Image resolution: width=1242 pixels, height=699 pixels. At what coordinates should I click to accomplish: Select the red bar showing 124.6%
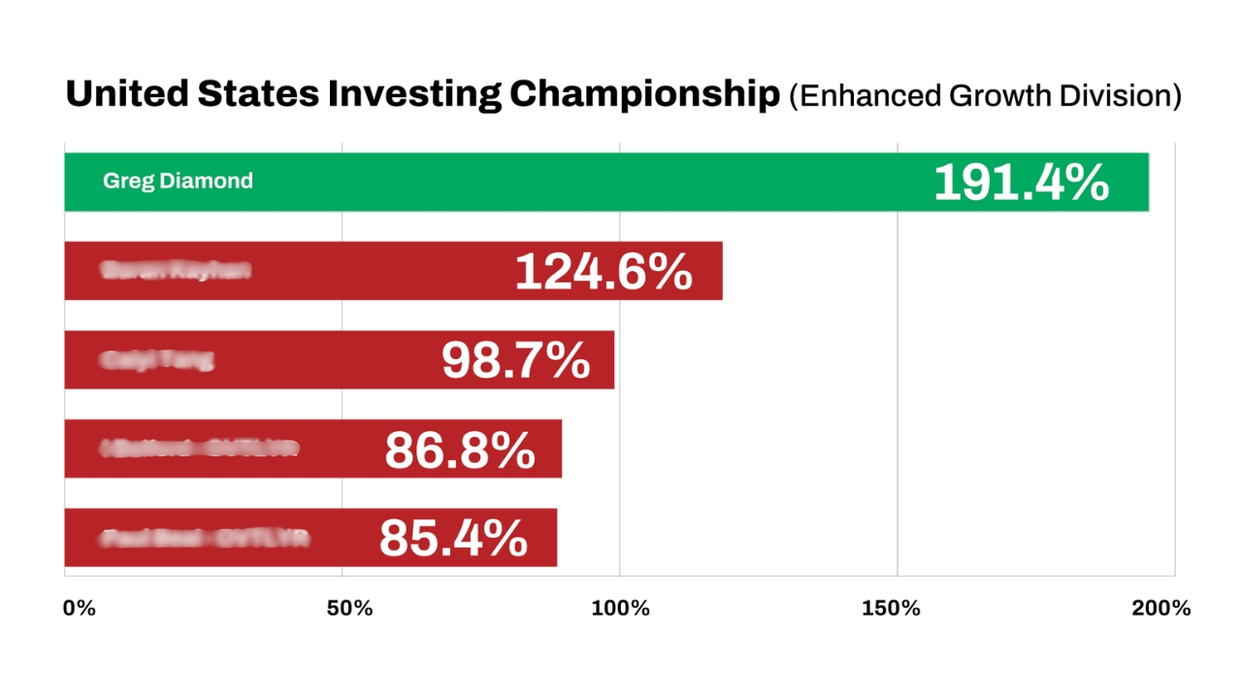(388, 271)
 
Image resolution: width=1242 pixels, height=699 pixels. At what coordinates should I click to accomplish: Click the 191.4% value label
(1021, 183)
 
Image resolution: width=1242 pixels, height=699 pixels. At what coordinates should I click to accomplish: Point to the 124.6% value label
(604, 272)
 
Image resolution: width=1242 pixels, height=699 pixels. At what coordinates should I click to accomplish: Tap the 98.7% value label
(515, 361)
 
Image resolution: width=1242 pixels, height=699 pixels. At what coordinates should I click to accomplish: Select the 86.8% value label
(460, 449)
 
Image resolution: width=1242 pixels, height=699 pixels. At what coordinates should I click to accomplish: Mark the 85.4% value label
(453, 539)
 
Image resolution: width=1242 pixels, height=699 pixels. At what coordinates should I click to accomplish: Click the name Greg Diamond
(178, 182)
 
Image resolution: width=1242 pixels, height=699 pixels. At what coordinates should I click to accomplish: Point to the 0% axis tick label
(79, 609)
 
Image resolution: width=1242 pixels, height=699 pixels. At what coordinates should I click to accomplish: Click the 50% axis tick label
(349, 609)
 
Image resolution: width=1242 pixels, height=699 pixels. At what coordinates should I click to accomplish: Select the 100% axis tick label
(620, 609)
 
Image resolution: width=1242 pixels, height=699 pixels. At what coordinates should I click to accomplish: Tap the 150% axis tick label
(891, 609)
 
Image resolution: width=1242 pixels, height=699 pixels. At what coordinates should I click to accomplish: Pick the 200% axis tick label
(1160, 609)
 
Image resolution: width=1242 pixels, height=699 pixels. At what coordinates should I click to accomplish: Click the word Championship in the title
(644, 95)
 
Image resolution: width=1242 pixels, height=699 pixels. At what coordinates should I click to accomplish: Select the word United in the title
(127, 95)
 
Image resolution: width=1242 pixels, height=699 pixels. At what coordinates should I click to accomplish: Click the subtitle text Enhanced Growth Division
(985, 96)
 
